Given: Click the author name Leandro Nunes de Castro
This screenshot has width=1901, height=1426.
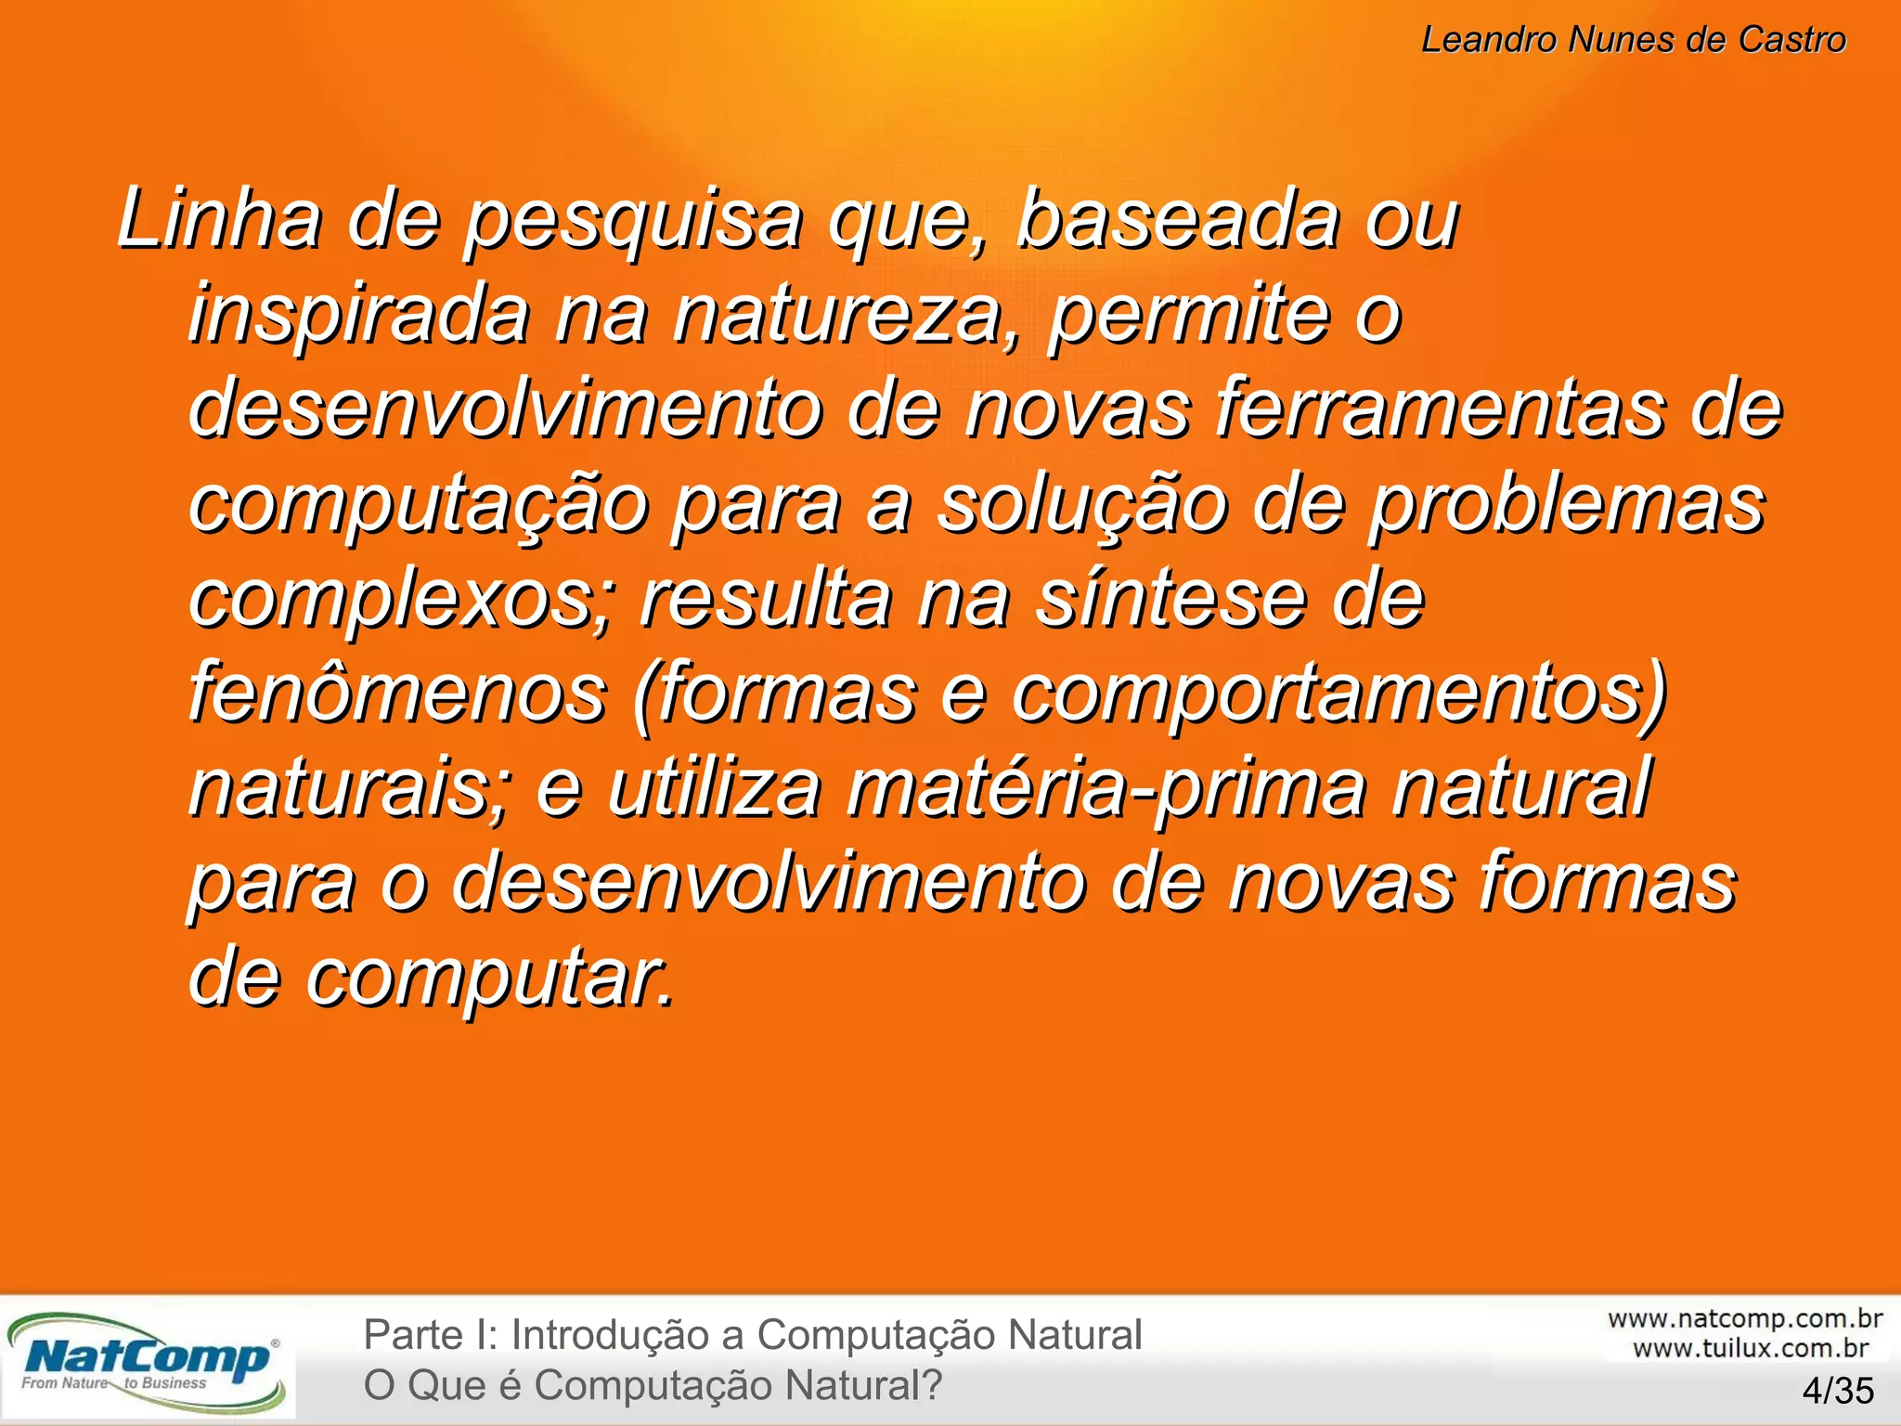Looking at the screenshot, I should (1633, 40).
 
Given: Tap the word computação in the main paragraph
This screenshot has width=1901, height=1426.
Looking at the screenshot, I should (419, 506).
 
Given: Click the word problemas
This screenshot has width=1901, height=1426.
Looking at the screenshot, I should (1568, 506).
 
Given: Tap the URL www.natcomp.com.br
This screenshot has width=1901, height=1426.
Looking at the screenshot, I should (1744, 1318).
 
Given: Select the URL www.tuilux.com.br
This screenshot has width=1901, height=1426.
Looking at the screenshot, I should (1750, 1348).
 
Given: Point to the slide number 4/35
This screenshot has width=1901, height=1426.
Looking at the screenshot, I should (1837, 1391).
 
